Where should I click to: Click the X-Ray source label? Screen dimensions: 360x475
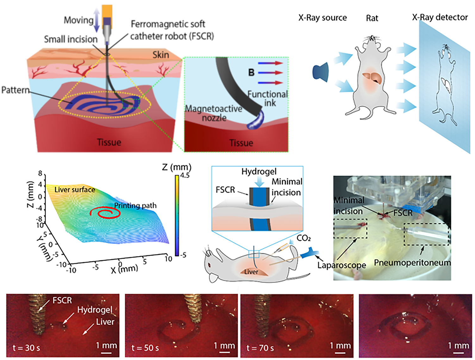coord(322,18)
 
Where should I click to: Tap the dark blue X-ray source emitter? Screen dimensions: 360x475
coord(321,72)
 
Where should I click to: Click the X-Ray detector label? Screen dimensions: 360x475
coord(440,17)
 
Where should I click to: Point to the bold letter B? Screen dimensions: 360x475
coord(251,72)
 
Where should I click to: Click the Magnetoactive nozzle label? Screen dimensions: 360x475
coord(214,113)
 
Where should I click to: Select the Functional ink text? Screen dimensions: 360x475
coord(267,98)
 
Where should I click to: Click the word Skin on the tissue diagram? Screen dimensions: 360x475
coord(161,55)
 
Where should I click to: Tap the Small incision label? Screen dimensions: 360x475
coord(71,39)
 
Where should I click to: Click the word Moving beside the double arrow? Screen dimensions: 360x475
coord(78,20)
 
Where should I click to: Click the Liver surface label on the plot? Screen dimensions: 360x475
coord(75,189)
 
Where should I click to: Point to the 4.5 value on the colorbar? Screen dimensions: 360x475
coord(185,175)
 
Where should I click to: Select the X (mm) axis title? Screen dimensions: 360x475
coord(124,269)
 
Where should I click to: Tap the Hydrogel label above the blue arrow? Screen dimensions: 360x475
coord(259,171)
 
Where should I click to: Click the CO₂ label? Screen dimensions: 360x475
coord(303,238)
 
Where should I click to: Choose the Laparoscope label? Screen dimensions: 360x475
coord(341,265)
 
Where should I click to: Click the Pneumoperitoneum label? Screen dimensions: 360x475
coord(412,263)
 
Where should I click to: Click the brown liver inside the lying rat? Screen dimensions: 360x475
coord(251,272)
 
